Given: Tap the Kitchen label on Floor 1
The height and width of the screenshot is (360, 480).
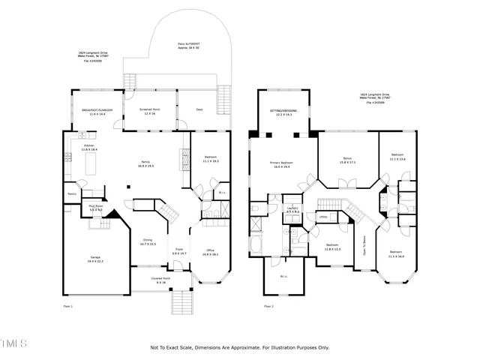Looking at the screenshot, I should point(89,145).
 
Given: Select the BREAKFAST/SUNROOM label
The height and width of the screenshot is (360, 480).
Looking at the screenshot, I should point(97,110).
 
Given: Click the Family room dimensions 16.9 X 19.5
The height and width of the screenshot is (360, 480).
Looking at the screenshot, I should point(145,166).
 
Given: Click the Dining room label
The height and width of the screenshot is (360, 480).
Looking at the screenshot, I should point(148,240).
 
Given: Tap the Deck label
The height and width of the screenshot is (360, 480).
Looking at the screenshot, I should point(200,109).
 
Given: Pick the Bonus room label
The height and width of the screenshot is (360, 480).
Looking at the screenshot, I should point(347,158).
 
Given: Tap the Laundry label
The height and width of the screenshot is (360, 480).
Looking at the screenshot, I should point(293,208).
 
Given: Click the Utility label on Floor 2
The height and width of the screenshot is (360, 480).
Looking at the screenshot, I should point(323,217).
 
